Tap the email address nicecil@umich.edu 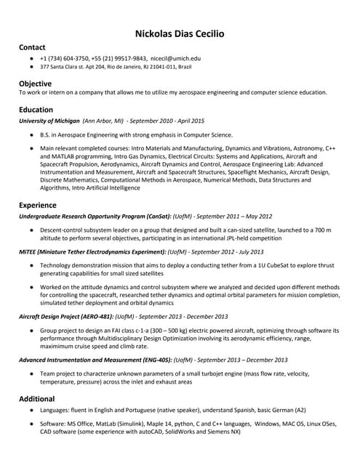click(176, 58)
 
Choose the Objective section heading click(36, 84)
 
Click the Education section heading click(36, 110)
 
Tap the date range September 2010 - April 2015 click(166, 121)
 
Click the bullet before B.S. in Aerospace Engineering click(31, 135)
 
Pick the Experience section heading click(38, 205)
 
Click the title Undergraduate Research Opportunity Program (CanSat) click(95, 217)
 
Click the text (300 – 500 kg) click(168, 331)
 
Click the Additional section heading click(37, 399)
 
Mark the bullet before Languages click(31, 411)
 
